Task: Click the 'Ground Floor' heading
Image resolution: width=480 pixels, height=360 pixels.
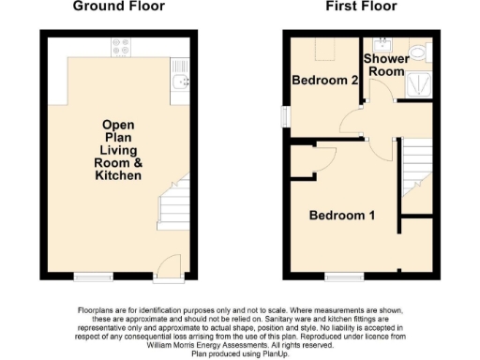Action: click(x=119, y=7)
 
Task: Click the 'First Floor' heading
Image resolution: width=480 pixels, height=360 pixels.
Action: click(x=360, y=7)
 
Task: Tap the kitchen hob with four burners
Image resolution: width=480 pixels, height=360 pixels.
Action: click(x=121, y=43)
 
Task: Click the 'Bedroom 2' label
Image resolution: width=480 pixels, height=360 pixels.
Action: click(x=325, y=81)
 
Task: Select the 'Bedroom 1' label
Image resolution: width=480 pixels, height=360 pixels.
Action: click(x=343, y=216)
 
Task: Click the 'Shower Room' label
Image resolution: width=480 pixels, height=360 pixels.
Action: click(x=384, y=65)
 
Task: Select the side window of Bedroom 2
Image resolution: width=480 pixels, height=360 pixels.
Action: click(x=287, y=113)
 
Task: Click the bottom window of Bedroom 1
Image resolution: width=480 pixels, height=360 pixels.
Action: click(x=339, y=276)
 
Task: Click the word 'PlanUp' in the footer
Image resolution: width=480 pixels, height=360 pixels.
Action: click(x=273, y=353)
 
